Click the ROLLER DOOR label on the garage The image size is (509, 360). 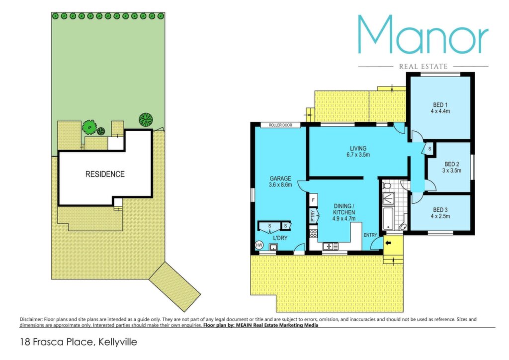280,125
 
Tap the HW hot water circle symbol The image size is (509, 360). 259,245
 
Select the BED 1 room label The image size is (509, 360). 440,105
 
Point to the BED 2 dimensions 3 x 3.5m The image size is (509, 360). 451,171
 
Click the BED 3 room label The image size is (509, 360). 440,210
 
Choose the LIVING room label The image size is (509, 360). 358,149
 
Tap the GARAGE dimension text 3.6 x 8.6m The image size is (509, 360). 280,184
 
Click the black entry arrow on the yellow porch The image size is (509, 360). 388,243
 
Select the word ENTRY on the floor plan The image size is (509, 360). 370,235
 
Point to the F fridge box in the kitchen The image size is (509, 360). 313,200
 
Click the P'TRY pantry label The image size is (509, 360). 312,216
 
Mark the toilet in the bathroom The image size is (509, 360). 386,185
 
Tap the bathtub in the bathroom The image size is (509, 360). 388,218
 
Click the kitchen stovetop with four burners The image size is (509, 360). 313,234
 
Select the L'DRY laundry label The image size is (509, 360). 280,238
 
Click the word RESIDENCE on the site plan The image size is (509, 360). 105,175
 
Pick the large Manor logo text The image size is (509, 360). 423,34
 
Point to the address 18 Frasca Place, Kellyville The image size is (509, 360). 79,342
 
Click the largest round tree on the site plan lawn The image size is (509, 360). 146,119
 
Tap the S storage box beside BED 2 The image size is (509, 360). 429,149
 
